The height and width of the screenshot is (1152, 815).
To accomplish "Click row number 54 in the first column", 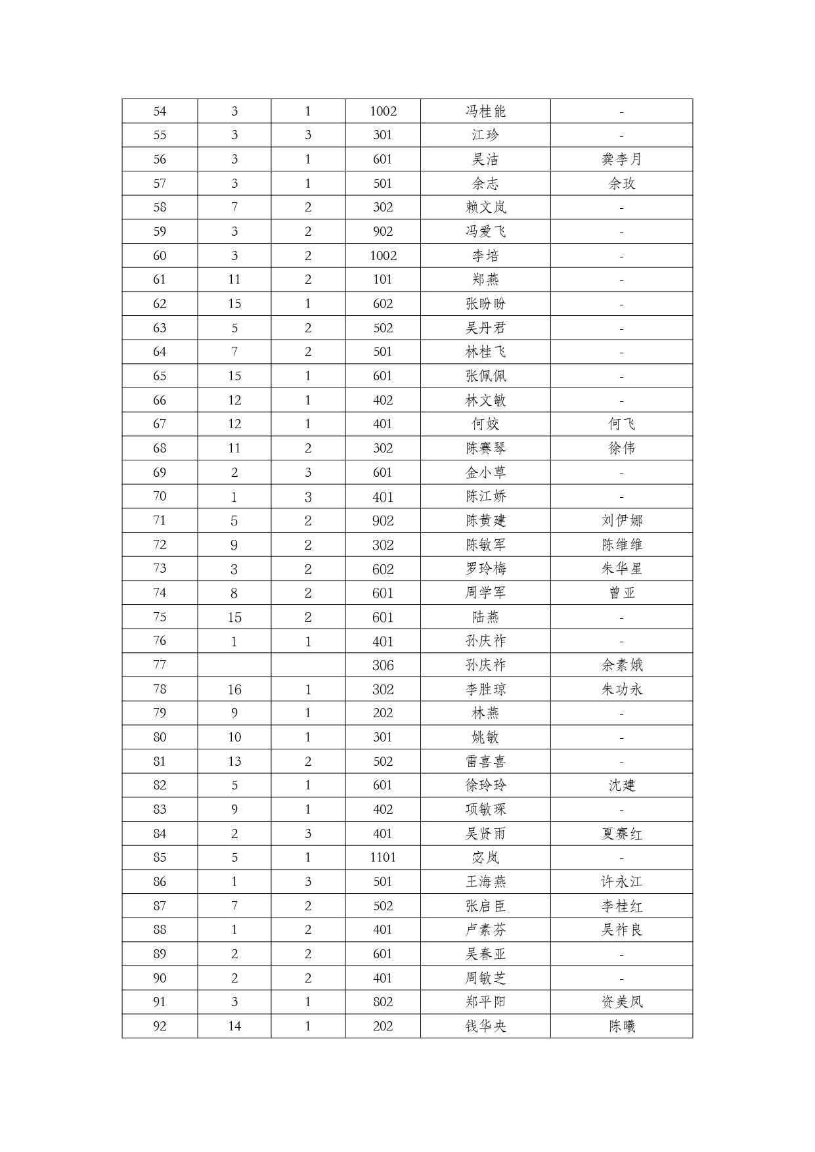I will click(x=160, y=111).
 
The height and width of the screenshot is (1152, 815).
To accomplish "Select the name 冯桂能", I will click(x=485, y=111).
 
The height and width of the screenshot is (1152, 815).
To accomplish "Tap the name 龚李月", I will click(x=621, y=159).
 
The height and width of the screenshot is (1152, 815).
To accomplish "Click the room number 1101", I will click(x=383, y=857).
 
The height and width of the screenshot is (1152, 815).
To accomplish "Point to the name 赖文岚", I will click(x=485, y=208).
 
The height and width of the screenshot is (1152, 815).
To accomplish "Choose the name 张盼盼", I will click(x=485, y=303).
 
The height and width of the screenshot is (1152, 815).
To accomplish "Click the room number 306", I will click(x=383, y=665).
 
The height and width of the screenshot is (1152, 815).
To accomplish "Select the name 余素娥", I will click(x=621, y=665).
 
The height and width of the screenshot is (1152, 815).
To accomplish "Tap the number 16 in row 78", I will click(x=234, y=690).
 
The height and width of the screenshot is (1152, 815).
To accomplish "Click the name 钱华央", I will click(x=485, y=1026).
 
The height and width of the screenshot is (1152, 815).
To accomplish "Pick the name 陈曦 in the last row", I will click(x=621, y=1026).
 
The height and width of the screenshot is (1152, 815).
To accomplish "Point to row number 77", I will click(x=160, y=665).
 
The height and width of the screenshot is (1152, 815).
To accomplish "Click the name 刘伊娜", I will click(x=621, y=521).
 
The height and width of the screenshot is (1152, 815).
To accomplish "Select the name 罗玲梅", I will click(x=485, y=569).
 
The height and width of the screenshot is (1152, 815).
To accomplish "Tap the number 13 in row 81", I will click(x=234, y=761).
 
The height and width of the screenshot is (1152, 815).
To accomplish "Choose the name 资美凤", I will click(x=621, y=1002).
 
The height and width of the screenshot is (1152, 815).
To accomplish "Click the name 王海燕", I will click(x=485, y=881).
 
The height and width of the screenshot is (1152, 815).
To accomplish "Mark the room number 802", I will click(x=383, y=1002).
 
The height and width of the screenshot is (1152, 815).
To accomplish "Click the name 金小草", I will click(x=485, y=472).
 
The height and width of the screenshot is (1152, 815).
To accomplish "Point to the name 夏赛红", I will click(x=621, y=833).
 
